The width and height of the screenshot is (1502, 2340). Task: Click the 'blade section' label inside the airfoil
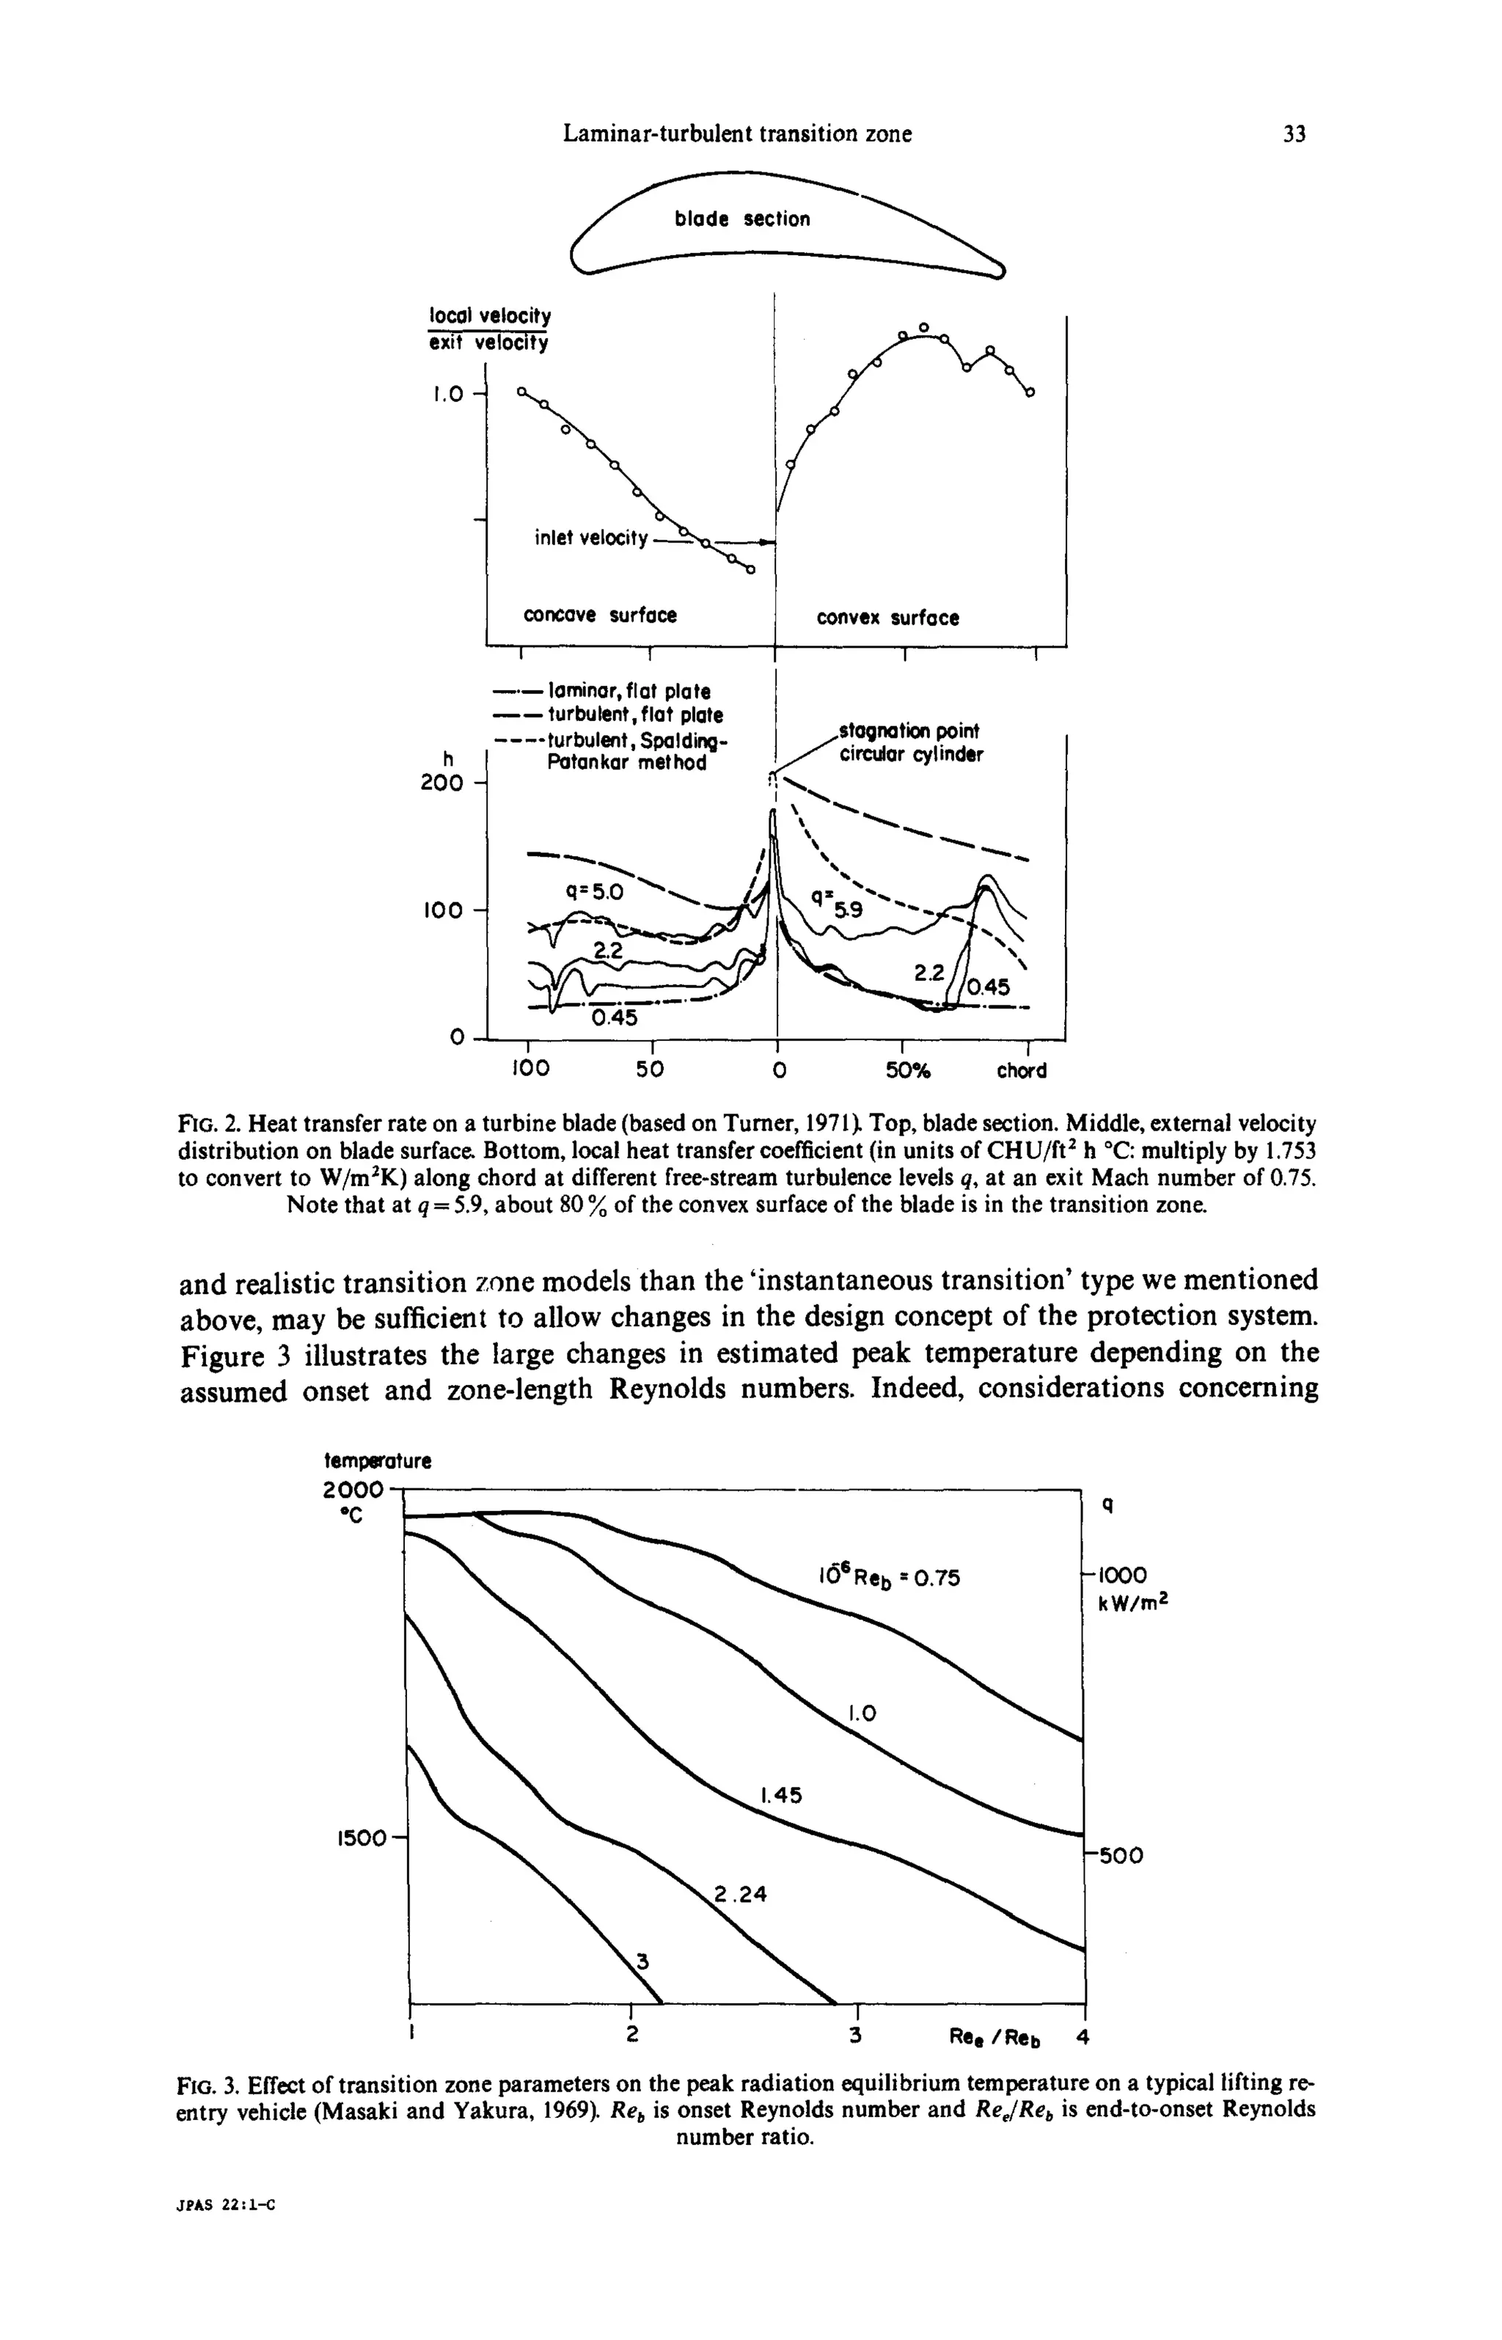[741, 219]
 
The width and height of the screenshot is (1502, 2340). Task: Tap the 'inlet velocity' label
[591, 538]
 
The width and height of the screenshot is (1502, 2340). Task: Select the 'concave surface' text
[600, 615]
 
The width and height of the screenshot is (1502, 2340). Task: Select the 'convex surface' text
[887, 618]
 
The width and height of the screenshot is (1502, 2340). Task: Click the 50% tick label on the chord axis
[908, 1070]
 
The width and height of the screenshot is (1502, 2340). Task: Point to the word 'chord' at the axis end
[1021, 1071]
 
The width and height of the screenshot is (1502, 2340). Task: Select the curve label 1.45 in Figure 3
[780, 1793]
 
